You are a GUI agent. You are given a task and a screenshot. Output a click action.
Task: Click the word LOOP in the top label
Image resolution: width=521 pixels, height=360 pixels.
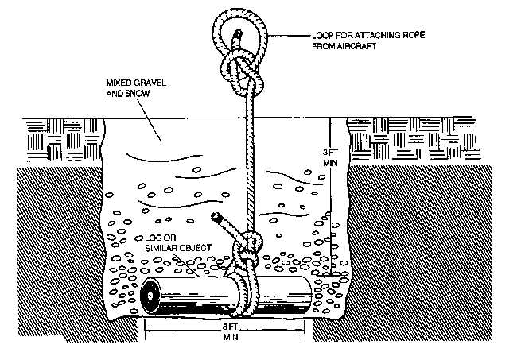coord(321,36)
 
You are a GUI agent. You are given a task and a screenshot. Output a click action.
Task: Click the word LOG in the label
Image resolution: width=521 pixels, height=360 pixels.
coord(149,238)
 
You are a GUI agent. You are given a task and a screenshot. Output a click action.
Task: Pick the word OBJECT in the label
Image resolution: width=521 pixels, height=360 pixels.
coord(193,248)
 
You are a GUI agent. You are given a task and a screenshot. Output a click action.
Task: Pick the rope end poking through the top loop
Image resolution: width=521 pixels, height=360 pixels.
coord(236,35)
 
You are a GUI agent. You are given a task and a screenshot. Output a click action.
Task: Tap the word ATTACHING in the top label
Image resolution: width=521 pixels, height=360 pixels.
coord(372,36)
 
